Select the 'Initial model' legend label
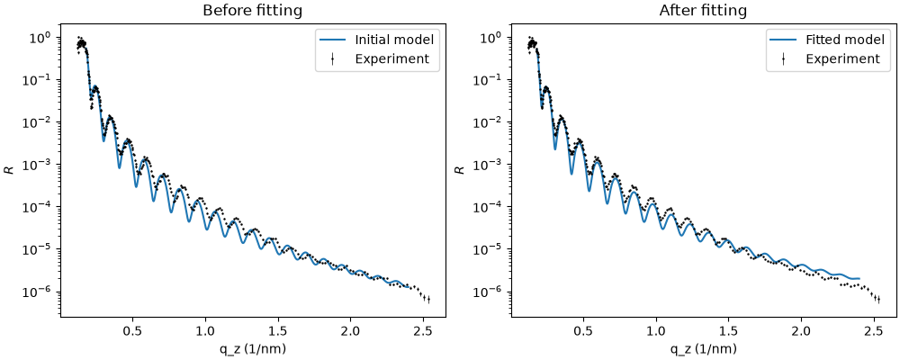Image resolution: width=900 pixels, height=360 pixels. tap(394, 40)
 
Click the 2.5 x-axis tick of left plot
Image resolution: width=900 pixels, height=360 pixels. tap(424, 332)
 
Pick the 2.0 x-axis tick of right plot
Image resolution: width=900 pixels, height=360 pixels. tap(802, 332)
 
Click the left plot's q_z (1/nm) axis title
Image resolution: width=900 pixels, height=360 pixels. tap(245, 349)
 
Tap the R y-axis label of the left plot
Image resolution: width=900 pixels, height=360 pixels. tap(12, 170)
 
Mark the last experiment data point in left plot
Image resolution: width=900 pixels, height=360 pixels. tap(428, 299)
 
